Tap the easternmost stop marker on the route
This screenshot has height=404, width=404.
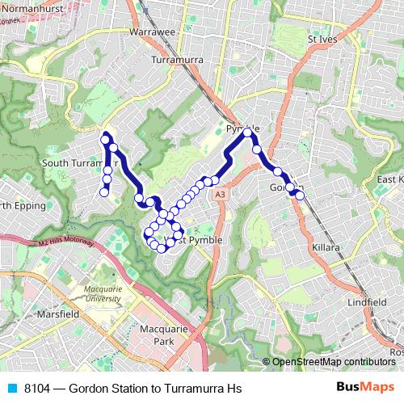click(x=300, y=195)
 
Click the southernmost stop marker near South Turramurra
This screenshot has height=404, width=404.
click(x=104, y=191)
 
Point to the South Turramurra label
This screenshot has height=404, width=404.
click(x=79, y=162)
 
